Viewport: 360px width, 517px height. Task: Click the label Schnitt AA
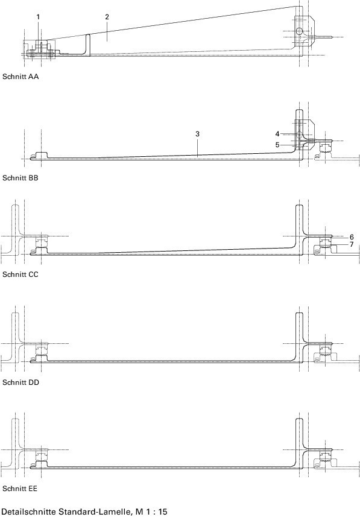tap(21, 77)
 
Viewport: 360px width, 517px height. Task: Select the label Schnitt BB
tap(21, 178)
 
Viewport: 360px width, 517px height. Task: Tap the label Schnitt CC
tap(21, 274)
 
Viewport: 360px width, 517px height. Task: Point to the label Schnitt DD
tap(21, 382)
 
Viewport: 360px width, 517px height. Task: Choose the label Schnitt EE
tap(20, 489)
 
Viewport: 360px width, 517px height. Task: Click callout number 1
tap(38, 17)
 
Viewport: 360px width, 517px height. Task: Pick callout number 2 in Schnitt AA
tap(107, 17)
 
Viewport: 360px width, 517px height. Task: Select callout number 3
tap(197, 134)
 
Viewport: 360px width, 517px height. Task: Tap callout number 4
tap(277, 134)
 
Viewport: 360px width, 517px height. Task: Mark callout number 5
tap(277, 145)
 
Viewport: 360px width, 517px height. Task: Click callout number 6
tap(352, 237)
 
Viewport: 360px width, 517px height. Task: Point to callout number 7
tap(352, 245)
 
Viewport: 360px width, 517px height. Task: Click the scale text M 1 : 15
tap(151, 512)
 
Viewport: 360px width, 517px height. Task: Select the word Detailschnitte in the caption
tap(29, 512)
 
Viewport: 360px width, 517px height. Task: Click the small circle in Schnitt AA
tap(299, 31)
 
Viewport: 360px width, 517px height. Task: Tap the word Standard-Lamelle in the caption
tap(96, 512)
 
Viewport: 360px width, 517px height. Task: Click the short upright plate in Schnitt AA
tap(88, 45)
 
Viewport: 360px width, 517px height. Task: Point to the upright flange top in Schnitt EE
tap(299, 419)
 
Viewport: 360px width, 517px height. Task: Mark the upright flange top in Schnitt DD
tap(299, 314)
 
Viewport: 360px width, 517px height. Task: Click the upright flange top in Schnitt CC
tap(299, 206)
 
